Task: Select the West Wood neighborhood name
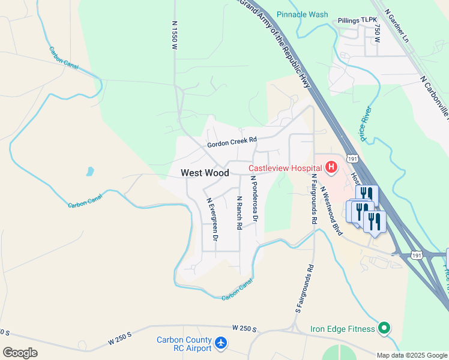205,173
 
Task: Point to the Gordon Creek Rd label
232,142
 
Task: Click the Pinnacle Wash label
302,14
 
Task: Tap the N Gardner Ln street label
396,25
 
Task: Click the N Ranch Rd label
240,212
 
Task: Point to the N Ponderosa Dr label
254,199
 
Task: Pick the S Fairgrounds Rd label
304,289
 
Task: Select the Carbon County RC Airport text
184,344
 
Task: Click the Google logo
20,352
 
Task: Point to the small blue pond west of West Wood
89,172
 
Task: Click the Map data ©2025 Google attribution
412,355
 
